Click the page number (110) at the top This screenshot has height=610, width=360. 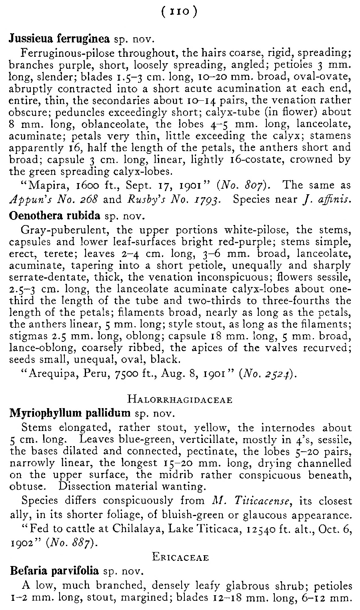coord(179,12)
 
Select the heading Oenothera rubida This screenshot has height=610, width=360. coord(54,216)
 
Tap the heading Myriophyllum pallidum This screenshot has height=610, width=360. coord(70,413)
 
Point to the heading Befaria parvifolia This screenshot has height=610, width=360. coord(54,570)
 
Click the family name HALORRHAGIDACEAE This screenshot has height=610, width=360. coord(179,400)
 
